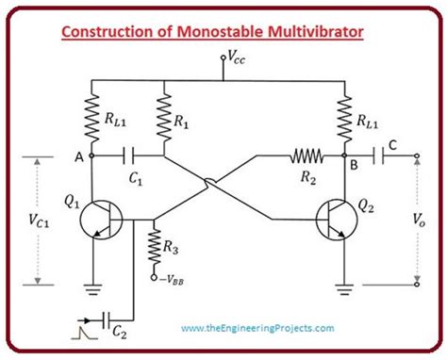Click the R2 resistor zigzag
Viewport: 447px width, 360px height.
coord(306,155)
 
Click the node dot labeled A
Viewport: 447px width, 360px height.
coord(92,155)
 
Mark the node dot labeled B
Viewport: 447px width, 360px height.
coord(346,155)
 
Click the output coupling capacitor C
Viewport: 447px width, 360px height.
coord(383,155)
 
